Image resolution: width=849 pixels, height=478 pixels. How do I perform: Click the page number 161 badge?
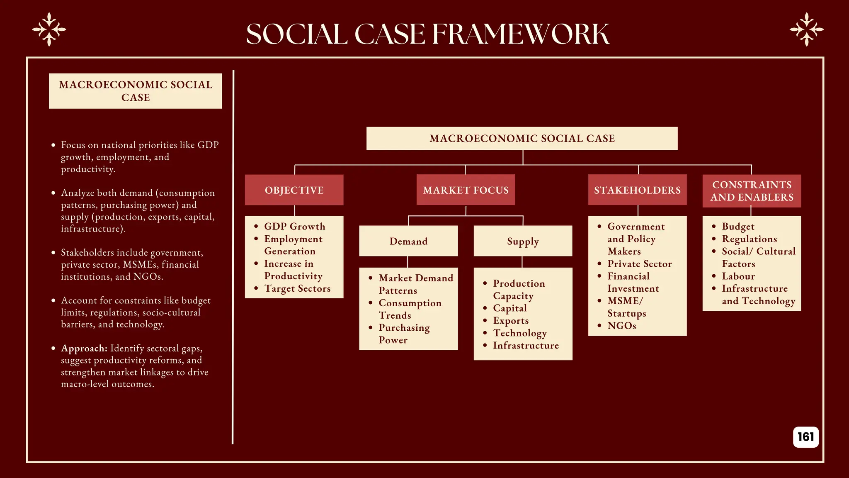click(x=805, y=437)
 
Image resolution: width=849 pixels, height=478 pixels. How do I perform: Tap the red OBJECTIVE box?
click(x=294, y=190)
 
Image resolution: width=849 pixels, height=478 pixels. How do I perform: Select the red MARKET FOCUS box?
click(x=466, y=190)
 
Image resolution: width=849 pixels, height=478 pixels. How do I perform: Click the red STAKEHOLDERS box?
click(x=637, y=190)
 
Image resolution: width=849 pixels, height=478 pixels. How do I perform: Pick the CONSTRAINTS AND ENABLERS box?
click(x=752, y=191)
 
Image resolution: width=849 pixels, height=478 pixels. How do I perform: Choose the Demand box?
click(x=408, y=241)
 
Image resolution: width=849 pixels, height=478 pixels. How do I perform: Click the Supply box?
click(x=523, y=241)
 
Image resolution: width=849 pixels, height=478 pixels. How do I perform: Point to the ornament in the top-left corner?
click(x=49, y=29)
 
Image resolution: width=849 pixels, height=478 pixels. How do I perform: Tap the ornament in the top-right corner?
click(x=806, y=29)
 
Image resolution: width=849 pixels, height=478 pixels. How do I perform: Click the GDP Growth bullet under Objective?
click(x=294, y=227)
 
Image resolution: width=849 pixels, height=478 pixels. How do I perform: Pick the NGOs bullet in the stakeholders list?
click(x=621, y=326)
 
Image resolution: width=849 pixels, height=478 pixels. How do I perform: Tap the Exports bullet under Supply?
click(x=511, y=321)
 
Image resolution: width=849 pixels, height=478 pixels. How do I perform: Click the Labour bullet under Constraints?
click(x=738, y=276)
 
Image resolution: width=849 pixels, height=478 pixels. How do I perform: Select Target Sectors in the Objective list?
click(x=297, y=288)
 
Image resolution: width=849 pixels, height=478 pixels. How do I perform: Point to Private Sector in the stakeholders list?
click(x=639, y=264)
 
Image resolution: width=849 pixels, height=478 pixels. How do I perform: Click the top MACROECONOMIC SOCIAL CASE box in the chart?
click(x=522, y=139)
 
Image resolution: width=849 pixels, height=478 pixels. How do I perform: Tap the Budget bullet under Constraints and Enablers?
click(x=738, y=227)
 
